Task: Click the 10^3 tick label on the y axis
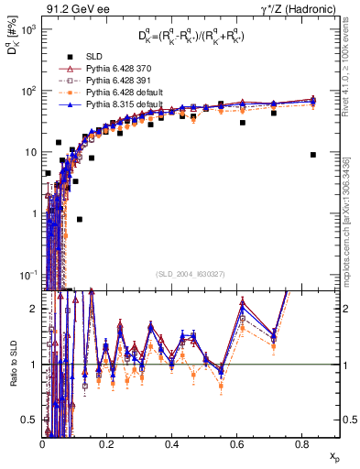pos(27,29)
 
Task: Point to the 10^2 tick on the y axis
pos(27,91)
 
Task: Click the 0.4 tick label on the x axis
pos(172,444)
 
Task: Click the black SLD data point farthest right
pos(313,155)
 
